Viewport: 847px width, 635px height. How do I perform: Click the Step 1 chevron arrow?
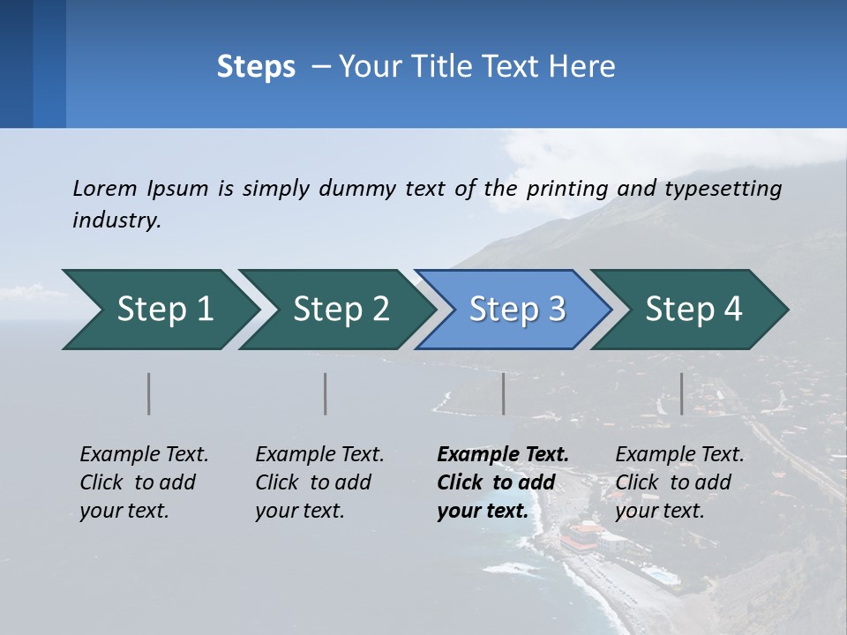pyautogui.click(x=163, y=310)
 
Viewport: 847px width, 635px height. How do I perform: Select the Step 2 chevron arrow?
pyautogui.click(x=340, y=310)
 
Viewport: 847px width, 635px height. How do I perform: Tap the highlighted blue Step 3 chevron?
pyautogui.click(x=516, y=310)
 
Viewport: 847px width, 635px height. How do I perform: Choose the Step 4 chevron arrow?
pyautogui.click(x=693, y=310)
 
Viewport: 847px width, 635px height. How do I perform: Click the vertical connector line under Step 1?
pyautogui.click(x=148, y=393)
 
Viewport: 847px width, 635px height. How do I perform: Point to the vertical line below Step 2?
pyautogui.click(x=325, y=393)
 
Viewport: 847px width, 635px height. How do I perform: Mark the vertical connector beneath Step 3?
pyautogui.click(x=503, y=393)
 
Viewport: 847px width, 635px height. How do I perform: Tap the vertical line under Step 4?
pyautogui.click(x=681, y=393)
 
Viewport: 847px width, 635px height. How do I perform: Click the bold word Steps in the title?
pyautogui.click(x=256, y=67)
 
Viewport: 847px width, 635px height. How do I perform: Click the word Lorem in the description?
pyautogui.click(x=104, y=188)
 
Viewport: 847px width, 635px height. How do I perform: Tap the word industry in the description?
pyautogui.click(x=116, y=220)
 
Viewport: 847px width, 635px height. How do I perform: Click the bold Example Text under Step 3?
pyautogui.click(x=503, y=455)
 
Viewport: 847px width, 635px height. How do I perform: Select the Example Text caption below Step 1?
pyautogui.click(x=144, y=455)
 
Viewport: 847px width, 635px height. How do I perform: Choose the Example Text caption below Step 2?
pyautogui.click(x=319, y=455)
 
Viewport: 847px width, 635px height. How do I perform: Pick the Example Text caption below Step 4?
pyautogui.click(x=679, y=455)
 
